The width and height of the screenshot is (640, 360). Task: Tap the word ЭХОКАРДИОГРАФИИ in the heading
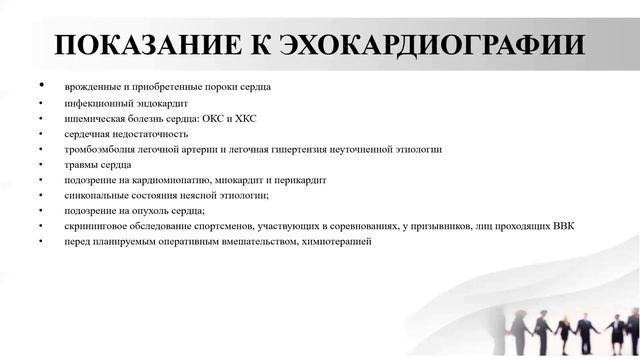click(x=434, y=46)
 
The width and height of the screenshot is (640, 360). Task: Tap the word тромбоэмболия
click(x=98, y=149)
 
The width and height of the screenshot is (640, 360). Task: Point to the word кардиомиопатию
click(x=169, y=180)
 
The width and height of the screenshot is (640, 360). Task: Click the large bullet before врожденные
click(x=42, y=85)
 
